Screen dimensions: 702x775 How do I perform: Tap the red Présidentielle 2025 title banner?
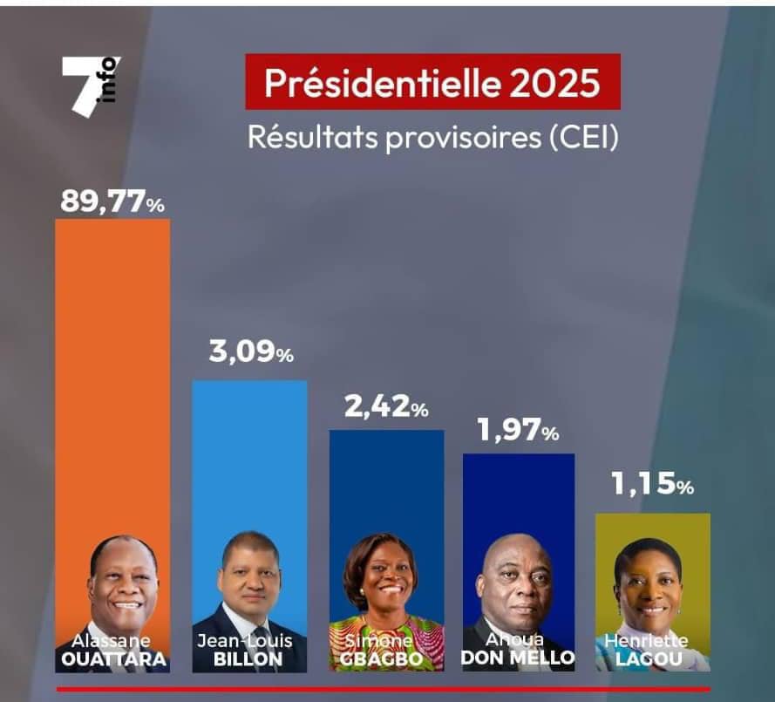tap(432, 82)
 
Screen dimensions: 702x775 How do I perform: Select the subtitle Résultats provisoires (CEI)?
tap(432, 138)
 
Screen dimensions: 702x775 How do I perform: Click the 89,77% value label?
tap(112, 201)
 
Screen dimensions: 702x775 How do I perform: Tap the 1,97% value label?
tap(518, 430)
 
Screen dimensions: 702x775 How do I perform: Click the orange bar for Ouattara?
tap(112, 366)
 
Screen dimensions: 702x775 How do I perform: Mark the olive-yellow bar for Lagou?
tap(652, 528)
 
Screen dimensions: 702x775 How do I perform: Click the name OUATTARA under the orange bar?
tap(112, 658)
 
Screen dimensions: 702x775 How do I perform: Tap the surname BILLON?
tap(250, 658)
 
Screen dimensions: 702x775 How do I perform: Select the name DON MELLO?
tap(519, 658)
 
